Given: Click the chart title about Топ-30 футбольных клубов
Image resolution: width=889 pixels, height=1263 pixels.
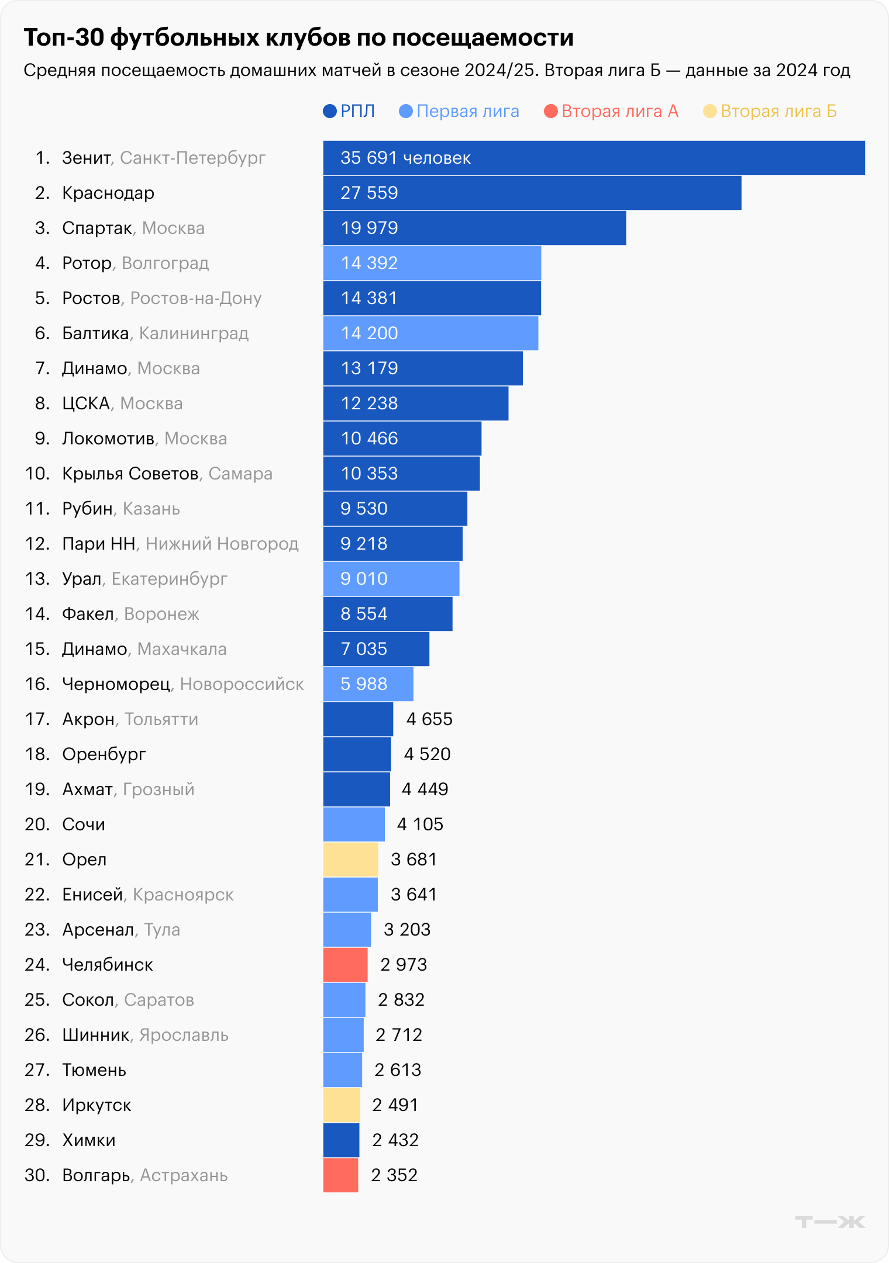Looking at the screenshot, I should (298, 38).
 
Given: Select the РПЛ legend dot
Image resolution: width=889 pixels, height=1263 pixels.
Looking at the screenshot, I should (330, 111).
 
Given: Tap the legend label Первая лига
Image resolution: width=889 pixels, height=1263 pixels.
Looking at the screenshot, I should (467, 111).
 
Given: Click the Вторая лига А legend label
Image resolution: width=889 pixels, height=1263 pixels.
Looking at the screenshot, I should (619, 111).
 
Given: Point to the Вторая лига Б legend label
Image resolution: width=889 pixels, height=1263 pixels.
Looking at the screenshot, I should (778, 111).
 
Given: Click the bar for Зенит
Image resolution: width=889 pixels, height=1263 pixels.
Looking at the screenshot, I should (594, 158).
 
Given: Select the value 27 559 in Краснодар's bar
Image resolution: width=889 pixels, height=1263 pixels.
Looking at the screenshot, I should (369, 193).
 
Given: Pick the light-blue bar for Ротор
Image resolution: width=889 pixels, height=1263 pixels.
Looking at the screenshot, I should (432, 263).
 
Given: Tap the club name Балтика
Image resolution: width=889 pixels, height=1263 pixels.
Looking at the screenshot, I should (95, 333).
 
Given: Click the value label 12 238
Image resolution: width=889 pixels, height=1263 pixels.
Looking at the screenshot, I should (369, 403).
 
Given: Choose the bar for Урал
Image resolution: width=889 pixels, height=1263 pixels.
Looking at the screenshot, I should (391, 579).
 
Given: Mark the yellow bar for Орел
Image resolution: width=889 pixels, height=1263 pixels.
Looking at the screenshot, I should (350, 860).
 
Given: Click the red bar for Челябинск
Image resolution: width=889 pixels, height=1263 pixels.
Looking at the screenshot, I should (345, 965).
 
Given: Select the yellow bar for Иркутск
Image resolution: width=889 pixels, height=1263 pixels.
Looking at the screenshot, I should (342, 1105).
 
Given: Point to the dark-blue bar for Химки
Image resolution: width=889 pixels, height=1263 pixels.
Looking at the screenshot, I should (341, 1140).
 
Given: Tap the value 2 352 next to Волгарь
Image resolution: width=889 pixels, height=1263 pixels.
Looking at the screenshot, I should (394, 1175).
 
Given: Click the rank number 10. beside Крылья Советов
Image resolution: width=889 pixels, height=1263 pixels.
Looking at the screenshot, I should (37, 474).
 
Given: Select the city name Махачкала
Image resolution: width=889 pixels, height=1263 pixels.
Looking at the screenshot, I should (182, 649).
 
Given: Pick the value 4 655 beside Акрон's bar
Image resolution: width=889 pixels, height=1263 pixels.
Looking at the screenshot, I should (429, 719).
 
